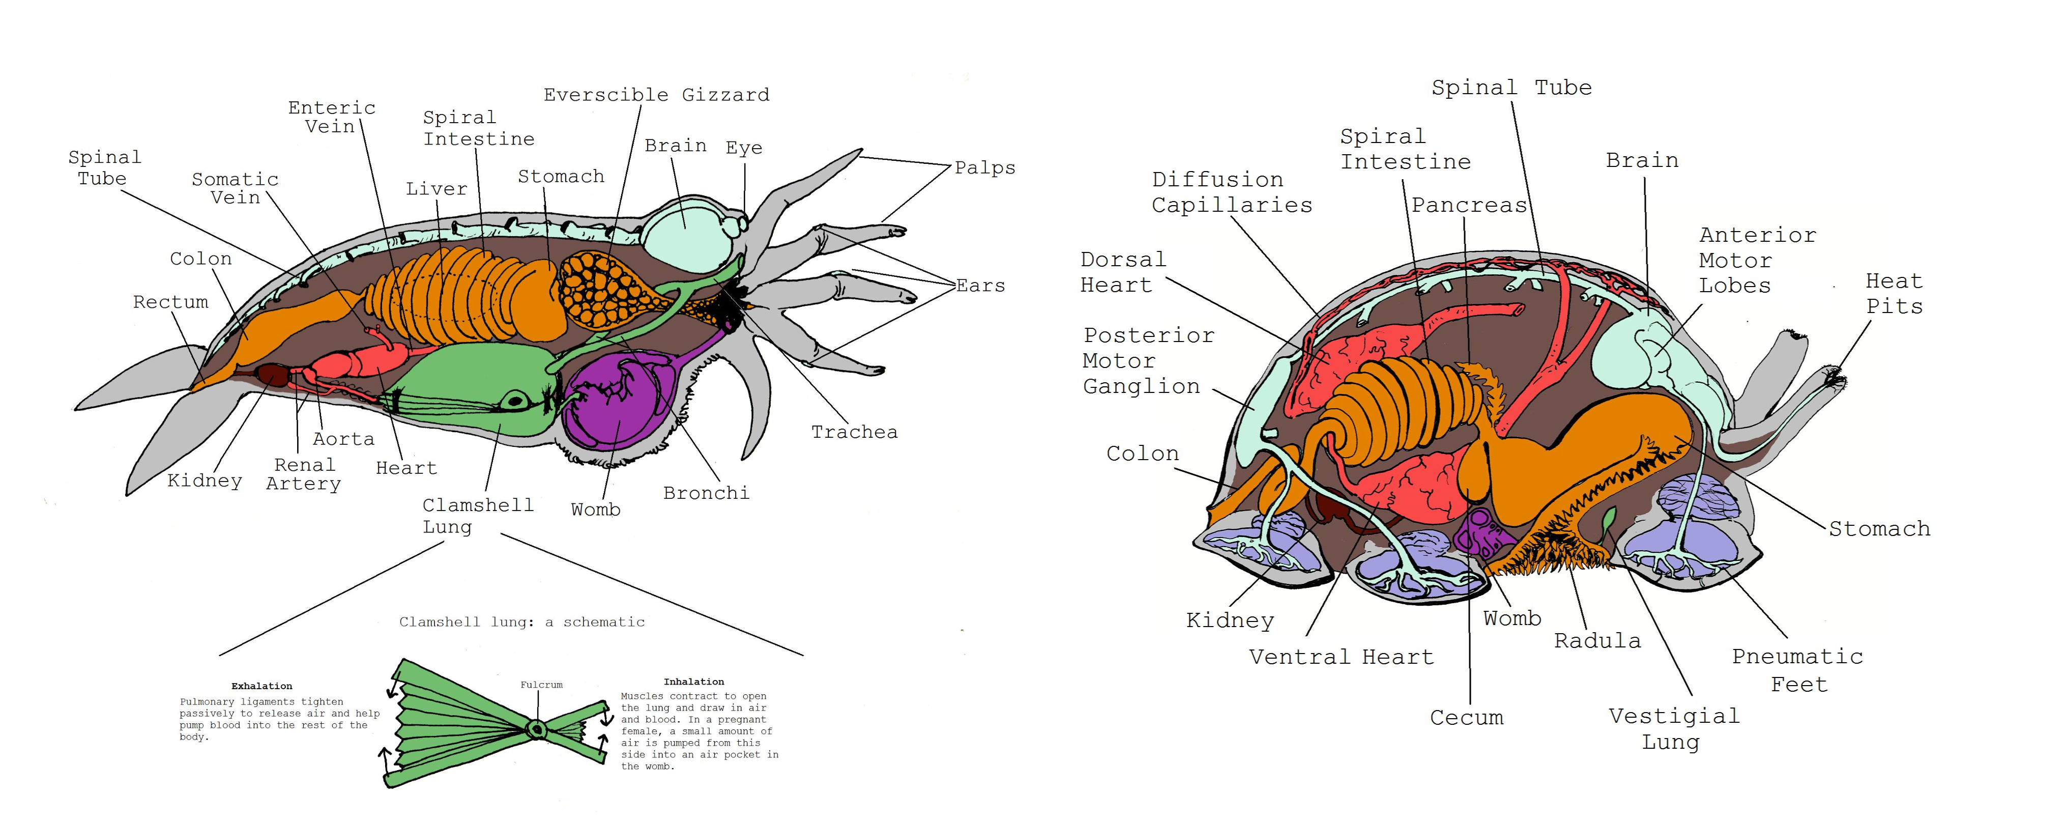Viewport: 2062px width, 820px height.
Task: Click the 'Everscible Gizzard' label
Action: (x=656, y=95)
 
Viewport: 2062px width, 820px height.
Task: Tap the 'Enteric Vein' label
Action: (x=331, y=117)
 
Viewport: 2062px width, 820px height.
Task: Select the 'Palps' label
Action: (x=984, y=167)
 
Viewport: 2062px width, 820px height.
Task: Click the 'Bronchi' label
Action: (x=706, y=493)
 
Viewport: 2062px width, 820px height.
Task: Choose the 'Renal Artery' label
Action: (x=303, y=474)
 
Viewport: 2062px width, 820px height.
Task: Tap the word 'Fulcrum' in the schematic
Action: (x=541, y=685)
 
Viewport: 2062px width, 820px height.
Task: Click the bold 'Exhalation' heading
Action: (x=262, y=686)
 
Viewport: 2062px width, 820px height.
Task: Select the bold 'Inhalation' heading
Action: (x=693, y=682)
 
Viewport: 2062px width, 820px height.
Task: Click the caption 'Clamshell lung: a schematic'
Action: (x=522, y=622)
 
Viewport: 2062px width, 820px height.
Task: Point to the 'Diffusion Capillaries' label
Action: (x=1231, y=192)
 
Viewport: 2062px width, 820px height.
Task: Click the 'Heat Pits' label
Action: (x=1894, y=293)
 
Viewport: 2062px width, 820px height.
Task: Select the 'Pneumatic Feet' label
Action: (x=1798, y=670)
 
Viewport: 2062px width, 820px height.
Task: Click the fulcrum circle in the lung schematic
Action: (x=536, y=729)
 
